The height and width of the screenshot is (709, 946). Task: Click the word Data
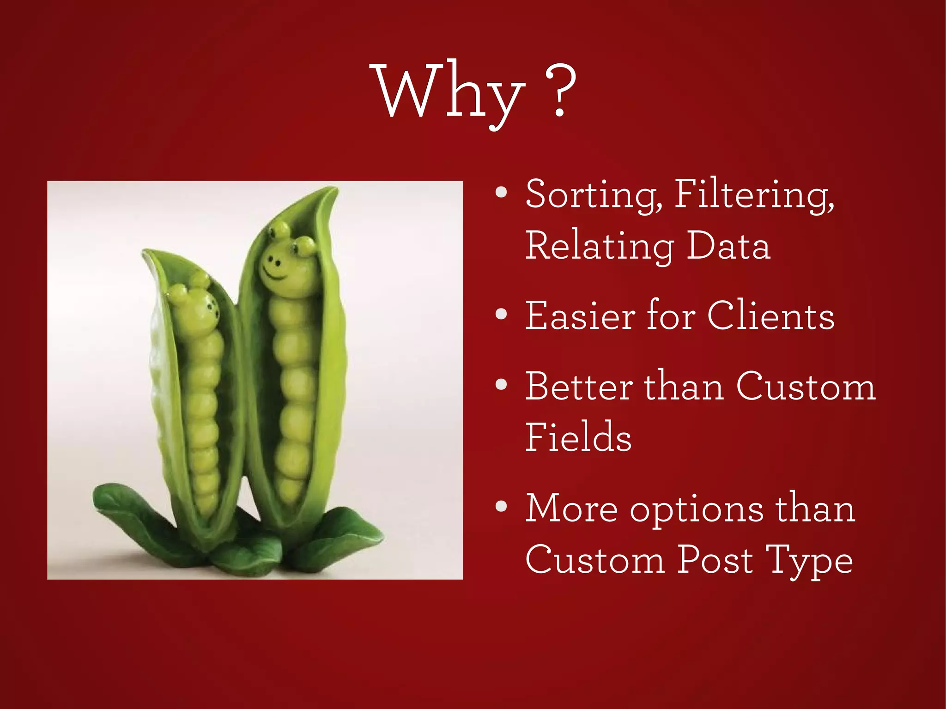click(728, 246)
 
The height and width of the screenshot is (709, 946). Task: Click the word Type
click(808, 561)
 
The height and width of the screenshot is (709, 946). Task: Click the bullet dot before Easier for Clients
click(501, 315)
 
